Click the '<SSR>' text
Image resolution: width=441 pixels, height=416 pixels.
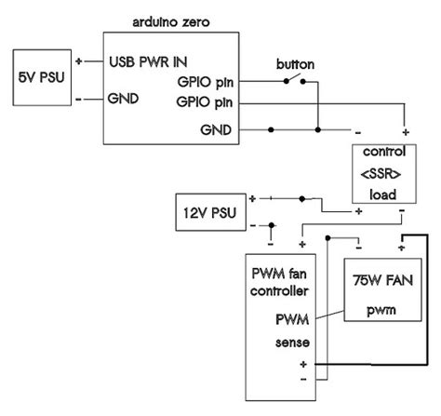[x=382, y=174]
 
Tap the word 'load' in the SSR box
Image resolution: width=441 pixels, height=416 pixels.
[x=382, y=195]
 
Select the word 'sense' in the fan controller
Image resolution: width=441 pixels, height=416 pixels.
[x=291, y=342]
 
